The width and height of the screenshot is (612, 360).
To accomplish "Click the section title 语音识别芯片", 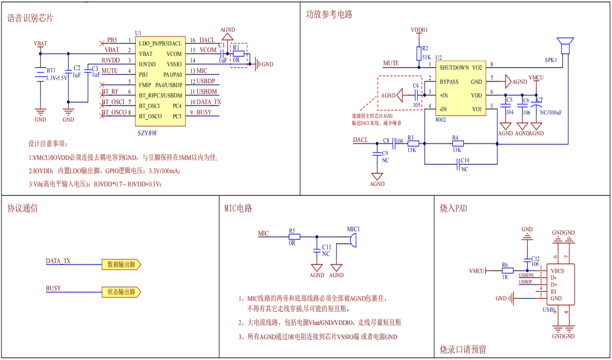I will coord(30,18).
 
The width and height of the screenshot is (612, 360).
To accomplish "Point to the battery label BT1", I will coord(51,71).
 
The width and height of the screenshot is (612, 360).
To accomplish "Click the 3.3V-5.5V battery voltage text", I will coord(57,78).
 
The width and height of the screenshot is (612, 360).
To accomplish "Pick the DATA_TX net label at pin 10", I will coord(209,102).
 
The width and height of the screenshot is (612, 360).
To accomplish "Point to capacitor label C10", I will coord(465,160).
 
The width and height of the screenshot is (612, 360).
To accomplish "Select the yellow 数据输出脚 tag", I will coord(121,265).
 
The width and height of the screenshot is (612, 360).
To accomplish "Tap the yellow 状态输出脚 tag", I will coord(121,292).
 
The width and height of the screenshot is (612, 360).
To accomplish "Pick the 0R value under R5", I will coord(292,243).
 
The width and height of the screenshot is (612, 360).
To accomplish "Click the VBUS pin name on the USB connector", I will coord(557,271).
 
